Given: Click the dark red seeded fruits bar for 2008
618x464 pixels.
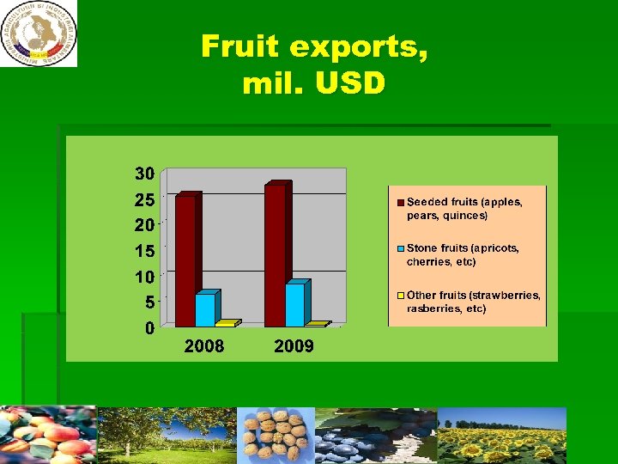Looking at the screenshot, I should pyautogui.click(x=186, y=260).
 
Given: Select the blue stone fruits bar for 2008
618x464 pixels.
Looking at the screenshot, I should pyautogui.click(x=206, y=309).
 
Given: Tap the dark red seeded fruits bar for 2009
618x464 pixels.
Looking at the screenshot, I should pyautogui.click(x=276, y=256).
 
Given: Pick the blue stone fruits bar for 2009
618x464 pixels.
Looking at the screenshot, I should pyautogui.click(x=295, y=305).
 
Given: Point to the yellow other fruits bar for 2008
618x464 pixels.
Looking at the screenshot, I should pyautogui.click(x=226, y=324).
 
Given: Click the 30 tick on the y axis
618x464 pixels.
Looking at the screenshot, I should pyautogui.click(x=144, y=174).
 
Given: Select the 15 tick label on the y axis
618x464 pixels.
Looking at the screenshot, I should pyautogui.click(x=144, y=251).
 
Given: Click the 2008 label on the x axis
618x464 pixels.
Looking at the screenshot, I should pyautogui.click(x=204, y=347).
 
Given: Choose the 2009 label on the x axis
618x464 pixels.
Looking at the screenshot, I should pyautogui.click(x=294, y=347).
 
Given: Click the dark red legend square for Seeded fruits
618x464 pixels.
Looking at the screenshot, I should pyautogui.click(x=400, y=203).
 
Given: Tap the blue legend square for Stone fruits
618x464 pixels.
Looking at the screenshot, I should pyautogui.click(x=400, y=249).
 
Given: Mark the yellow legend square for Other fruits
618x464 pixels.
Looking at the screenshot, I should pyautogui.click(x=400, y=296).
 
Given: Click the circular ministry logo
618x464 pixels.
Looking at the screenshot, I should pyautogui.click(x=39, y=33).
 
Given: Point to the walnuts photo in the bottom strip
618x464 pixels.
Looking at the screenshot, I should pyautogui.click(x=275, y=436).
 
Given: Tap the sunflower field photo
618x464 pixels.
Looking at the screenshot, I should pyautogui.click(x=503, y=436).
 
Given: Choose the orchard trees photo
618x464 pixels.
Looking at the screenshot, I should pyautogui.click(x=167, y=436).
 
